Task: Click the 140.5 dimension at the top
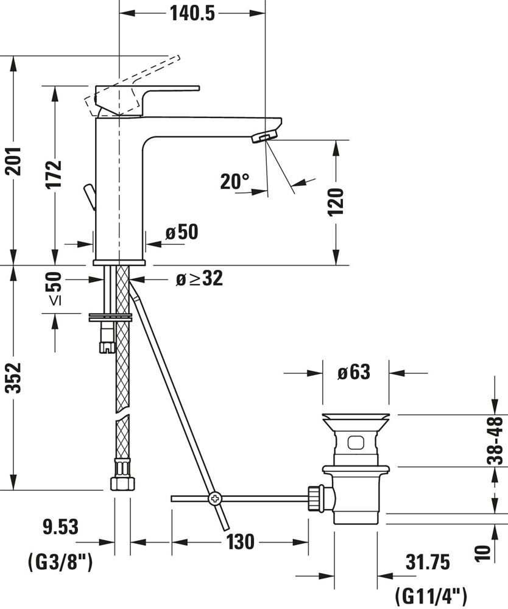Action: coord(192,13)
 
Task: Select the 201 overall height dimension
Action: coord(15,161)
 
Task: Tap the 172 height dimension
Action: coord(54,173)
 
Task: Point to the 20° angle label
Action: coord(235,181)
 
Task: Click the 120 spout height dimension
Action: coord(336,202)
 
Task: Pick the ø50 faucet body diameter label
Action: coord(182,232)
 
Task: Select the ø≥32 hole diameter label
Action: coord(200,278)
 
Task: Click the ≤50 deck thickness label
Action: coord(54,289)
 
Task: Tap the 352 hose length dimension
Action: coord(15,378)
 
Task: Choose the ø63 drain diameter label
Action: coord(354,372)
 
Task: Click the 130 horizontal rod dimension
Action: coord(241,541)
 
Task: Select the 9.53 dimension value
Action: coord(60,527)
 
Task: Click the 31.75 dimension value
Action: coord(428,562)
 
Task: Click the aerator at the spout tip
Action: coord(264,136)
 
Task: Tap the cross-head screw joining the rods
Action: coord(215,498)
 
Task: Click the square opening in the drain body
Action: coord(356,443)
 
